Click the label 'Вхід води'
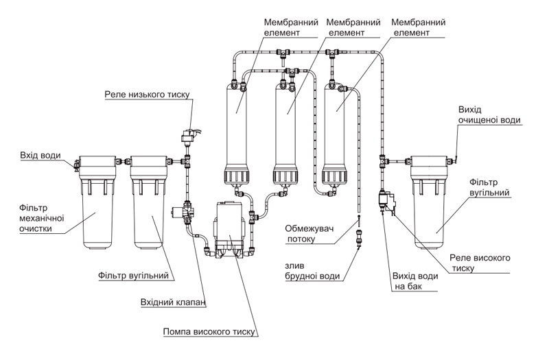[40, 156]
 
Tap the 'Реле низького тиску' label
[147, 95]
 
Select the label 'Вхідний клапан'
[173, 302]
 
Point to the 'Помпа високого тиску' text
[209, 332]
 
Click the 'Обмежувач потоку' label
[309, 234]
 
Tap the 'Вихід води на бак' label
[415, 281]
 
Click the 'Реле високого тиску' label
[480, 263]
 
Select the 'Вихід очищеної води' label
[489, 115]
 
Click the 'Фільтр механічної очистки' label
[42, 218]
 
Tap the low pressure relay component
[190, 136]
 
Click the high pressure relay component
[388, 200]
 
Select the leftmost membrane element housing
[235, 134]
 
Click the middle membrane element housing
[285, 134]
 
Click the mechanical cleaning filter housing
[97, 202]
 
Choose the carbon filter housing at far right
[430, 202]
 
